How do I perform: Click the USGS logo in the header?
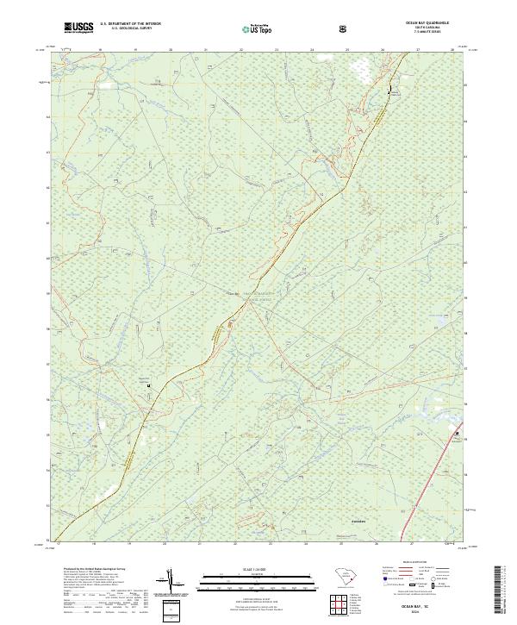tap(78, 28)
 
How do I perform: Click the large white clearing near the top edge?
tap(359, 68)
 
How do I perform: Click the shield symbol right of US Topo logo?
tap(342, 29)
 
